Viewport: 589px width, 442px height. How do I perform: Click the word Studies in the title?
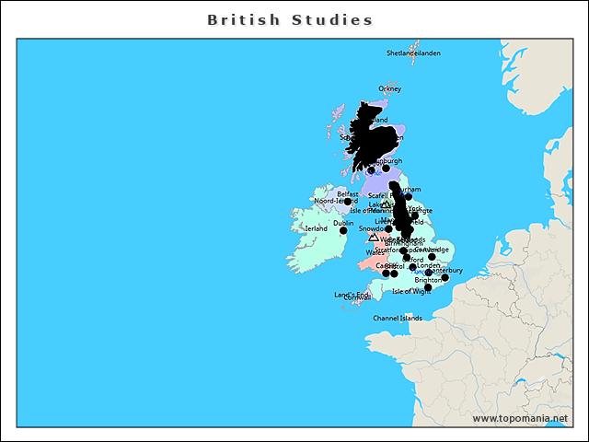pyautogui.click(x=332, y=19)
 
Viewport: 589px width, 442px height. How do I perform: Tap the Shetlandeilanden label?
pyautogui.click(x=413, y=53)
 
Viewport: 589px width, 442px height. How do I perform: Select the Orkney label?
pyautogui.click(x=390, y=89)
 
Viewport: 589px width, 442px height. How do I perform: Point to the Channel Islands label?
pyautogui.click(x=398, y=319)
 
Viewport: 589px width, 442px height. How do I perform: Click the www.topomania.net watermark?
pyautogui.click(x=520, y=419)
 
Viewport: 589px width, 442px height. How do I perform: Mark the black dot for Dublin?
pyautogui.click(x=343, y=230)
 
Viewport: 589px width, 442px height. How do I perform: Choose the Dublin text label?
pyautogui.click(x=343, y=223)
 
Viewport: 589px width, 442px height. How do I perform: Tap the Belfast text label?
pyautogui.click(x=347, y=194)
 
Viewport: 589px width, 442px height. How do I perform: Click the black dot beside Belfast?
pyautogui.click(x=348, y=202)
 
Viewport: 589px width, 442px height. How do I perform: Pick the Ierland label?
pyautogui.click(x=316, y=228)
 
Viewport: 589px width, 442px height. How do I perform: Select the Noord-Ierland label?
pyautogui.click(x=336, y=201)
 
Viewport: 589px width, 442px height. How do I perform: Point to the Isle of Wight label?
pyautogui.click(x=411, y=291)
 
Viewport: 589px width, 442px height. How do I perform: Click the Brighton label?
pyautogui.click(x=429, y=280)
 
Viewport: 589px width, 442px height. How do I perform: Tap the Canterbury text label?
pyautogui.click(x=445, y=270)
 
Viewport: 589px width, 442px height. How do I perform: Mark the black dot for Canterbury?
pyautogui.click(x=445, y=277)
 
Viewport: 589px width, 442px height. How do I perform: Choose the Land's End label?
pyautogui.click(x=350, y=294)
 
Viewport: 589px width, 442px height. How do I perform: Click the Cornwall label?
pyautogui.click(x=356, y=298)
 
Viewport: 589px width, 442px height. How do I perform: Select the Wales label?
pyautogui.click(x=375, y=252)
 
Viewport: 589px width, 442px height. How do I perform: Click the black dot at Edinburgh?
pyautogui.click(x=386, y=168)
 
